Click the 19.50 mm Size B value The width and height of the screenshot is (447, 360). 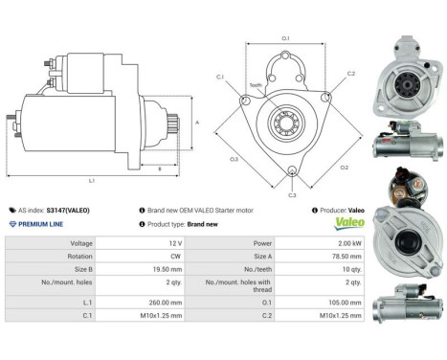168,270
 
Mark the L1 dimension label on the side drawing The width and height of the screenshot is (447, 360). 92,181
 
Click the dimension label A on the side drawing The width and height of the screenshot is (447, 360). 196,122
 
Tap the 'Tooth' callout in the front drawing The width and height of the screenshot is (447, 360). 256,85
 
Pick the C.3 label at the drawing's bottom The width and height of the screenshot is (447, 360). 292,194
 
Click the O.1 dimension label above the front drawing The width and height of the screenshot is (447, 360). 285,38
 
